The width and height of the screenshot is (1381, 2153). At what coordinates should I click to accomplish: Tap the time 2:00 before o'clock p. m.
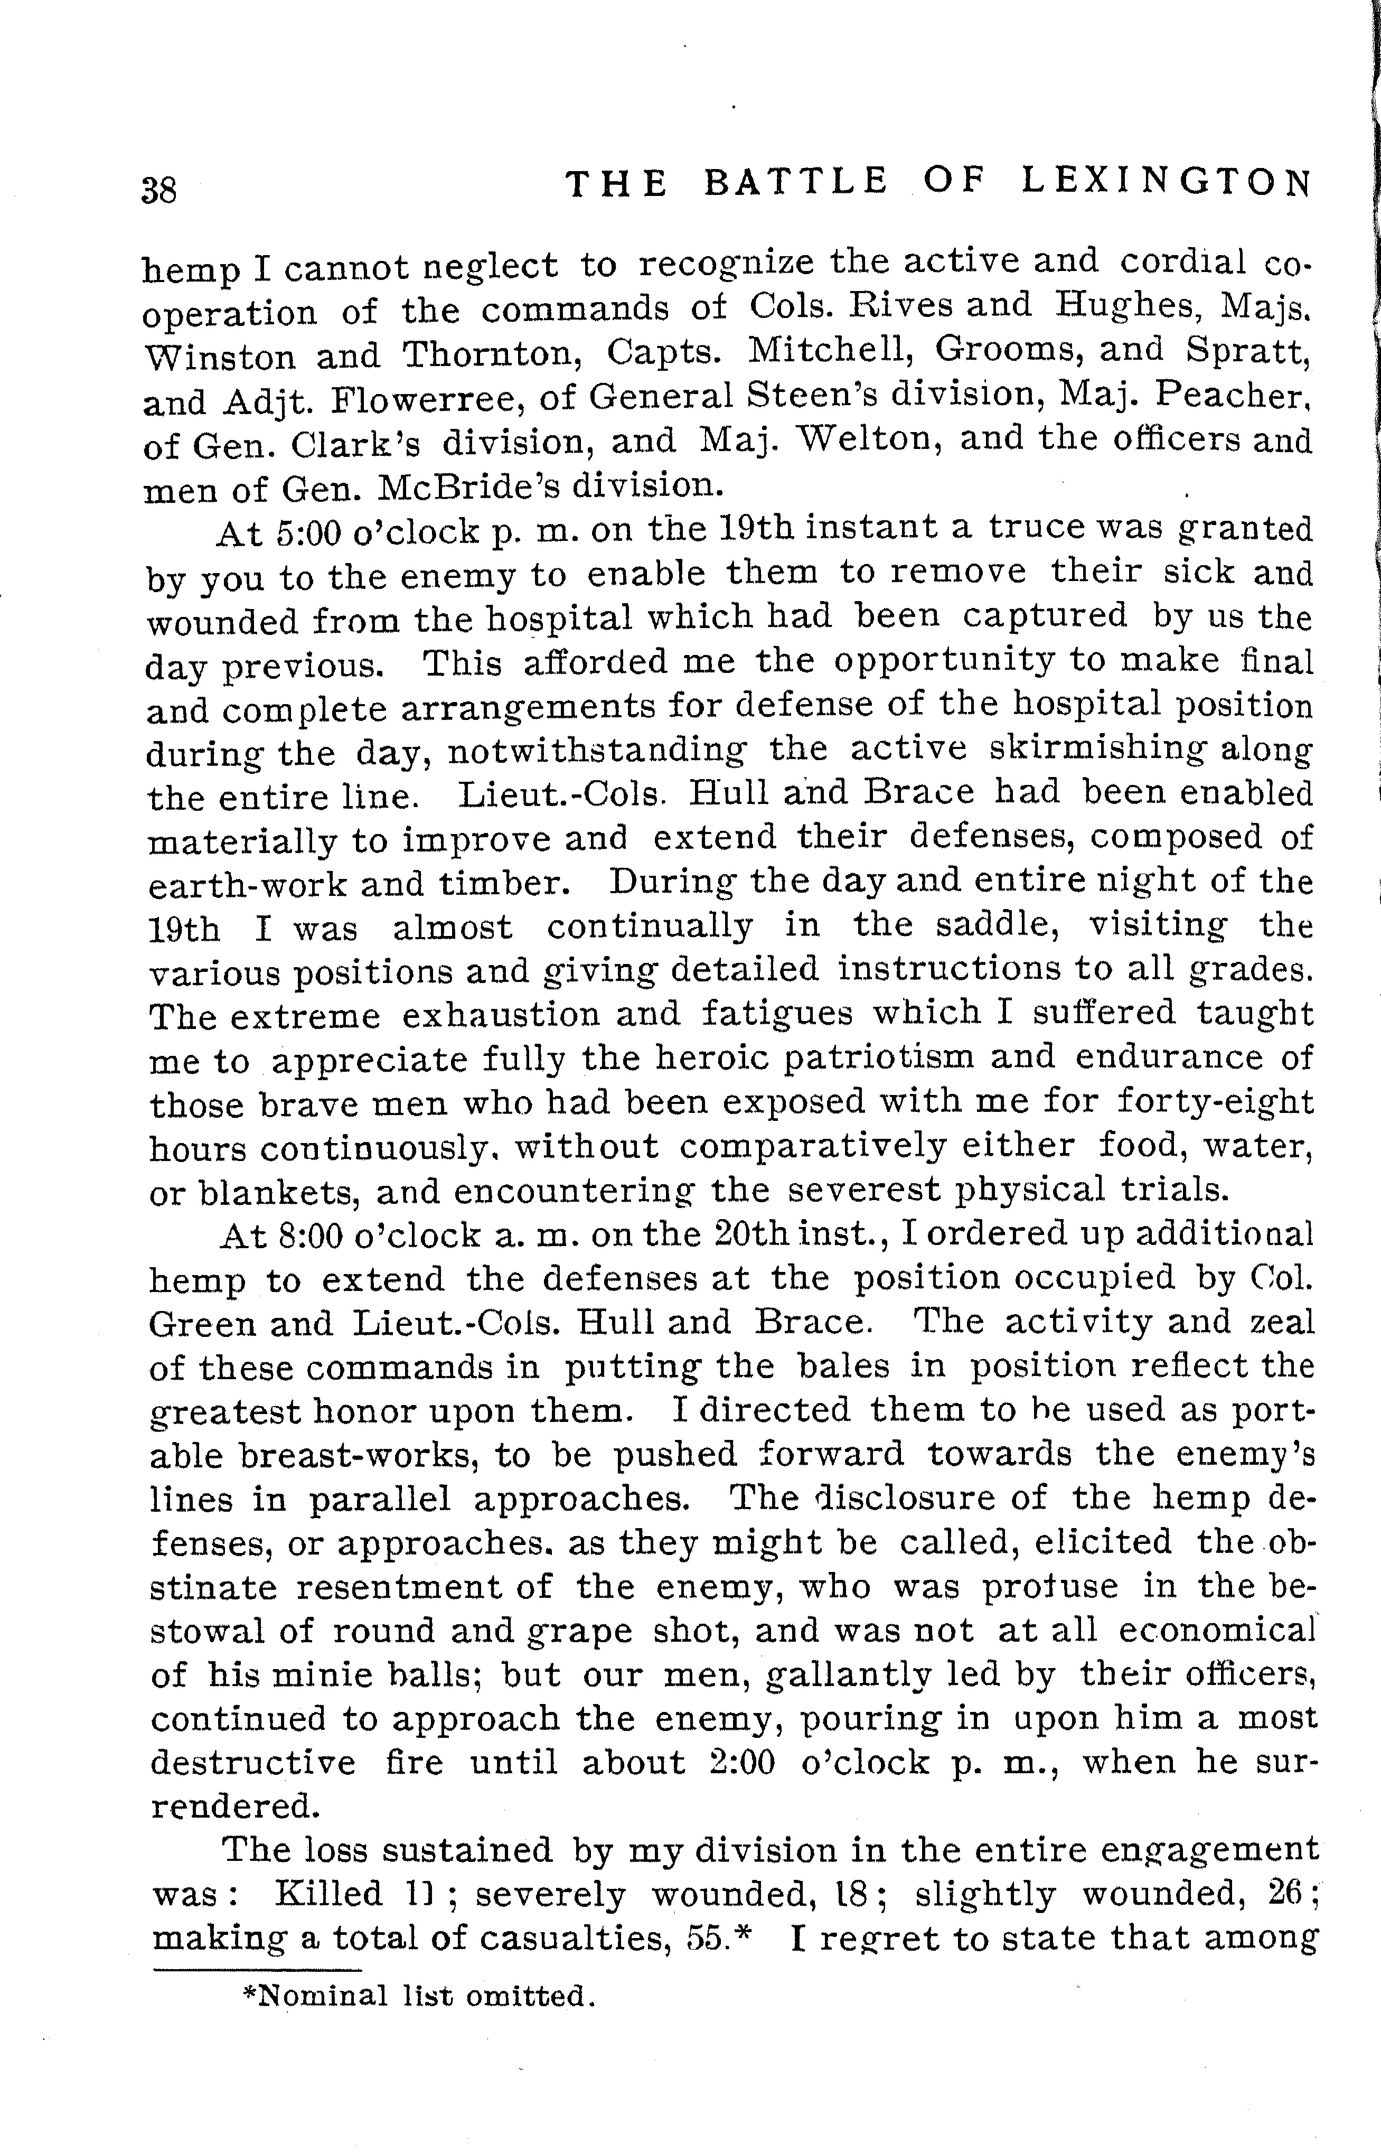tap(741, 1763)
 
